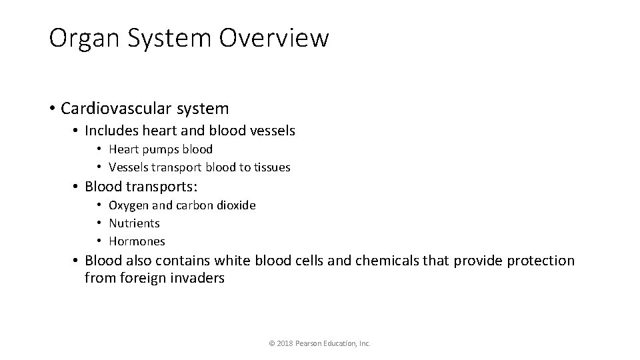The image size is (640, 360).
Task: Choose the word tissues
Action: (270, 167)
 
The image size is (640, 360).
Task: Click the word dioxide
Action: (235, 205)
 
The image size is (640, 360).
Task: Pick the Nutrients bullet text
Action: (134, 223)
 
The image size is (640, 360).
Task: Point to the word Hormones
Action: (137, 241)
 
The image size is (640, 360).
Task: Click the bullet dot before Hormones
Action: (97, 241)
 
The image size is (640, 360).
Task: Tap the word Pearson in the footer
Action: (310, 343)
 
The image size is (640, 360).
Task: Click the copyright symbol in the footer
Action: (271, 343)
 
